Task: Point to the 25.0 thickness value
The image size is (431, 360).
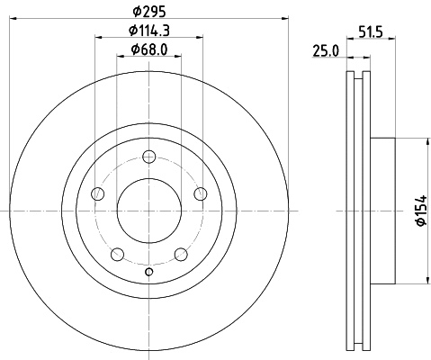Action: pyautogui.click(x=325, y=50)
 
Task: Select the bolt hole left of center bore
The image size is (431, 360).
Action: pyautogui.click(x=98, y=194)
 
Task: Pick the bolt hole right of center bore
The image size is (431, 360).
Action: pyautogui.click(x=200, y=194)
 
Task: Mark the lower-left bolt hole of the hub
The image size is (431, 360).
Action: pyautogui.click(x=117, y=254)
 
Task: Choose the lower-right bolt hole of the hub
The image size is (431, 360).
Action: pyautogui.click(x=180, y=254)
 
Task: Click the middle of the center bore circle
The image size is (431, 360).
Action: pyautogui.click(x=148, y=211)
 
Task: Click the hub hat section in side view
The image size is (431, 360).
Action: pyautogui.click(x=382, y=211)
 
